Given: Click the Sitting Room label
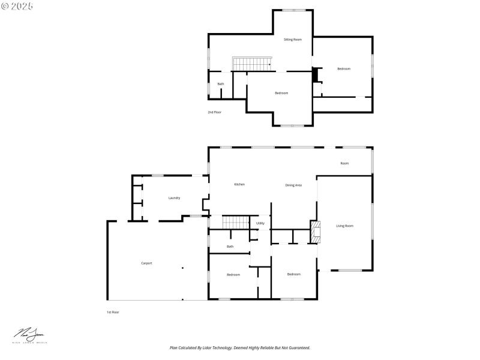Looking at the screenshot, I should (293, 39).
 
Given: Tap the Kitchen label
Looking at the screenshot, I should (239, 184).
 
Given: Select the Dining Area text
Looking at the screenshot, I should (293, 185).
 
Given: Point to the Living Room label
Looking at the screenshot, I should (344, 226).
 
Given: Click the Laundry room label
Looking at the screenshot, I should (175, 197).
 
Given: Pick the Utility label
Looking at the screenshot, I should (260, 223).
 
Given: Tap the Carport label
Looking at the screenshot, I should (146, 263).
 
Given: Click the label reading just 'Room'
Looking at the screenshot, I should (344, 163).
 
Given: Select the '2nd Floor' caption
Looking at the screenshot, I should (214, 112).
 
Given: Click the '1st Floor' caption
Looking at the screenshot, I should (113, 312).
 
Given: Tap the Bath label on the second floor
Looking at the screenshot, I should (221, 84).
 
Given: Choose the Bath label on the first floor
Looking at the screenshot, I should (230, 247).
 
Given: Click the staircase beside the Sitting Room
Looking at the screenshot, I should (252, 63).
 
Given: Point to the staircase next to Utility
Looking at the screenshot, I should (235, 223).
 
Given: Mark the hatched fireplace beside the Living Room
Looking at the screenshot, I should (315, 232).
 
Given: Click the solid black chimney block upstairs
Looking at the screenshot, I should (315, 76).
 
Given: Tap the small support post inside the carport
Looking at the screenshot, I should (182, 268).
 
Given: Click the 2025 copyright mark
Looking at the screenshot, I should (17, 5).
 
